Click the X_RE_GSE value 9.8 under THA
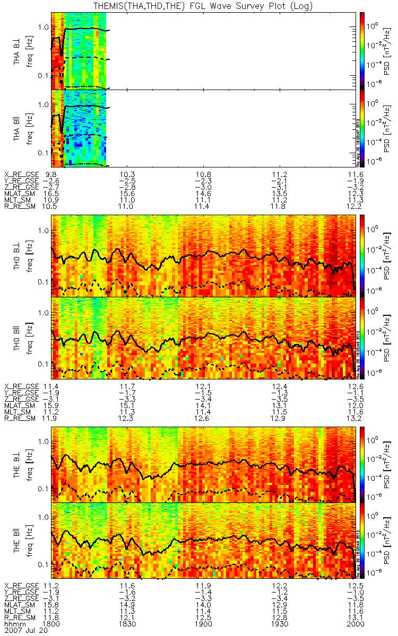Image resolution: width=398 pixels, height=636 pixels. [x=51, y=174]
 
